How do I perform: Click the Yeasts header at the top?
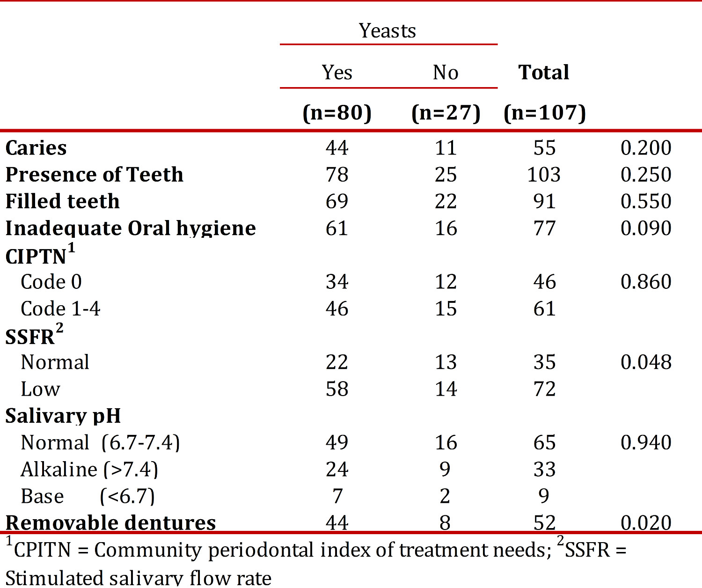click(388, 30)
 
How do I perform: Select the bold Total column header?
click(544, 72)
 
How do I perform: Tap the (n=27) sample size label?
click(446, 113)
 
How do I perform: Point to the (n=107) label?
click(545, 113)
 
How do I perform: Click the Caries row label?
click(36, 147)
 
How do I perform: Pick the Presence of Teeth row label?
click(95, 174)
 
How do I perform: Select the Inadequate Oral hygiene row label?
click(131, 228)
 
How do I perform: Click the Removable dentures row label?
click(110, 522)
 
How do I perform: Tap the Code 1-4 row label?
click(60, 309)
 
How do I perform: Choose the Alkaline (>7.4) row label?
click(89, 469)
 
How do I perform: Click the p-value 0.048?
click(646, 362)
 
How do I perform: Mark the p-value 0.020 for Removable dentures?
click(646, 522)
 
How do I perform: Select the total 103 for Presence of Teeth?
click(544, 174)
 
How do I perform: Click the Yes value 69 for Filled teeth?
click(337, 201)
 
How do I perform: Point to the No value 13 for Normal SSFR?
click(446, 362)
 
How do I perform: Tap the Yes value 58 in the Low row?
click(337, 389)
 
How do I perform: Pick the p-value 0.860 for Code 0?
click(646, 281)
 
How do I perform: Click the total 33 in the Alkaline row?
click(545, 469)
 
